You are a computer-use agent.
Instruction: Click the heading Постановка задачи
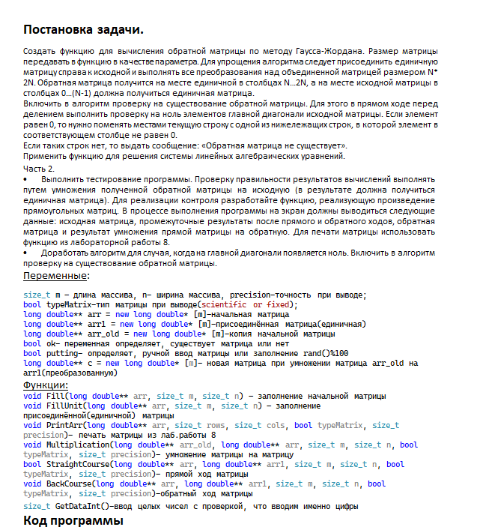click(83, 29)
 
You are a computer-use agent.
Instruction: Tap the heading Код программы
click(73, 520)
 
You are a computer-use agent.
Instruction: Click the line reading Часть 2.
click(39, 170)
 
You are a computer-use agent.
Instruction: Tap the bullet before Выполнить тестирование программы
click(26, 181)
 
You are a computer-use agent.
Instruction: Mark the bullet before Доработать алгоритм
click(26, 253)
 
